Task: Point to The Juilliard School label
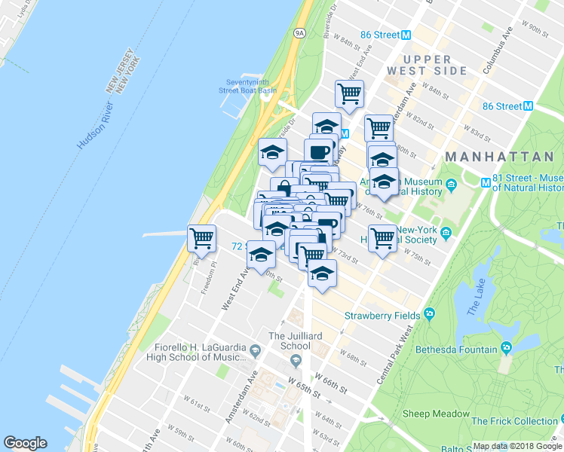290,341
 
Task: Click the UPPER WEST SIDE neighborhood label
426,65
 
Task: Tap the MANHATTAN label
499,156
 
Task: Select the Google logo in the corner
25,443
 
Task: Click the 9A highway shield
299,33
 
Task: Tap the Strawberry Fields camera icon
429,314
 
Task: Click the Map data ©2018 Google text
517,445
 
